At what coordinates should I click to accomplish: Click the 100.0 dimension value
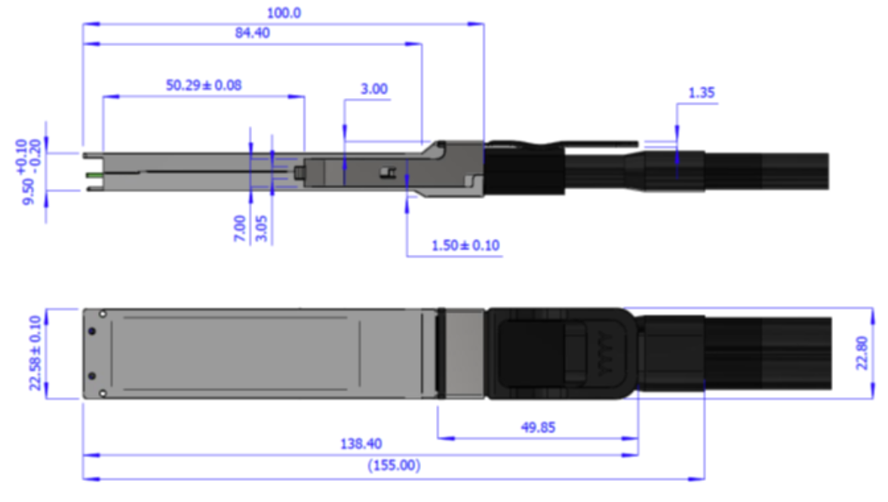284,13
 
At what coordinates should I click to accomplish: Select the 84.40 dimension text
253,33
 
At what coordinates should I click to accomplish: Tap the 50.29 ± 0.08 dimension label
204,85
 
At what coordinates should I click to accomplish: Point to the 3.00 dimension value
374,89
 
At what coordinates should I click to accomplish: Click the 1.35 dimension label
701,93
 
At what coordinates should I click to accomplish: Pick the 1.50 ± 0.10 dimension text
466,246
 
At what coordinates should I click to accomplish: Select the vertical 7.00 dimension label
240,228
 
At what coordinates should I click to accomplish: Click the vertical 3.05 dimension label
261,228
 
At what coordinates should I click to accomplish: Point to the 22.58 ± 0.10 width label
35,354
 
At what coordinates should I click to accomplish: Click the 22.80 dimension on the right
862,354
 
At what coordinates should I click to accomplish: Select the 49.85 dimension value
538,427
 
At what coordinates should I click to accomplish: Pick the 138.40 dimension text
361,444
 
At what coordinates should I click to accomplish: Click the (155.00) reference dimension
394,465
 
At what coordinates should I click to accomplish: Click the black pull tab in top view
561,354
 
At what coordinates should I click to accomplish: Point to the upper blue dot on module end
92,331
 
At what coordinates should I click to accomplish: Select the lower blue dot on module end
92,376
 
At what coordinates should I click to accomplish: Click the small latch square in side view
388,172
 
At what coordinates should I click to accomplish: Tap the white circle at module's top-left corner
103,314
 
